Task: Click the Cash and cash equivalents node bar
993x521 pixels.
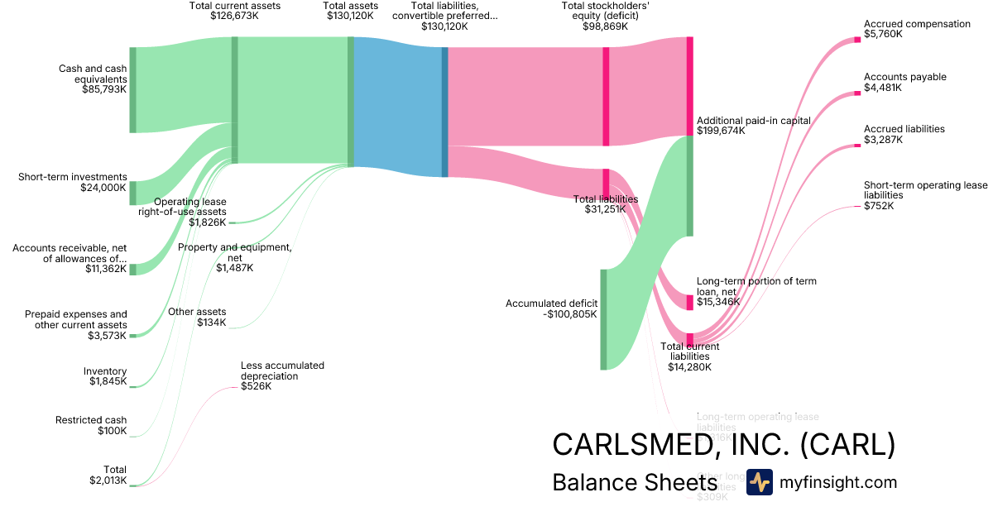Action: [132, 90]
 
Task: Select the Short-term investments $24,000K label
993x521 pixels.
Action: [73, 182]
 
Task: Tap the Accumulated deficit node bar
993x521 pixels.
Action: [603, 319]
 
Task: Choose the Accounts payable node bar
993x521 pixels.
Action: [857, 93]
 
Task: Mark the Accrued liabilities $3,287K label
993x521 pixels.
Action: [904, 134]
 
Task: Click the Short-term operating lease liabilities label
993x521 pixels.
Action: [925, 195]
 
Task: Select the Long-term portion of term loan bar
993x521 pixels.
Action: [689, 302]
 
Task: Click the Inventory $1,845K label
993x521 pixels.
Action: [105, 376]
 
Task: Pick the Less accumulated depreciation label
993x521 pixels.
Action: [282, 375]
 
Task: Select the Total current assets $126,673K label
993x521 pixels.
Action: [235, 11]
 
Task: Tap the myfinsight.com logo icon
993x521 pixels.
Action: [759, 482]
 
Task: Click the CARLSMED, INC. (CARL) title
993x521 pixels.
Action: [723, 444]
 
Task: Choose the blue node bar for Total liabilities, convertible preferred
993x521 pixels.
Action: [444, 112]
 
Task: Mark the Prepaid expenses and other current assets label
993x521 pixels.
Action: [75, 324]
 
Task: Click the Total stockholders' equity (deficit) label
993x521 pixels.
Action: [606, 16]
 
